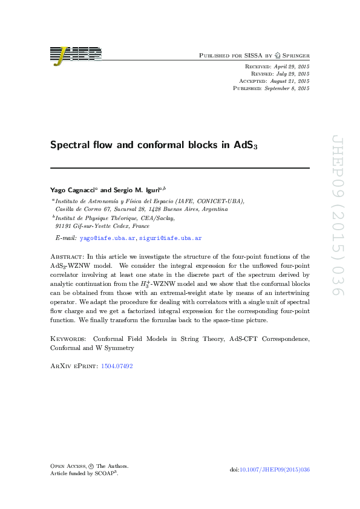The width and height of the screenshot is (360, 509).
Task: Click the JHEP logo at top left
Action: [76, 55]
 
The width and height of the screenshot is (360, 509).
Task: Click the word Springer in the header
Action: [293, 55]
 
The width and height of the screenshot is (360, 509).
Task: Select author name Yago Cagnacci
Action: [71, 190]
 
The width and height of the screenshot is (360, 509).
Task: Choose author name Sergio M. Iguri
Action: [133, 190]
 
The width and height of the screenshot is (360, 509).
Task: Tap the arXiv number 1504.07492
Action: [117, 366]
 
